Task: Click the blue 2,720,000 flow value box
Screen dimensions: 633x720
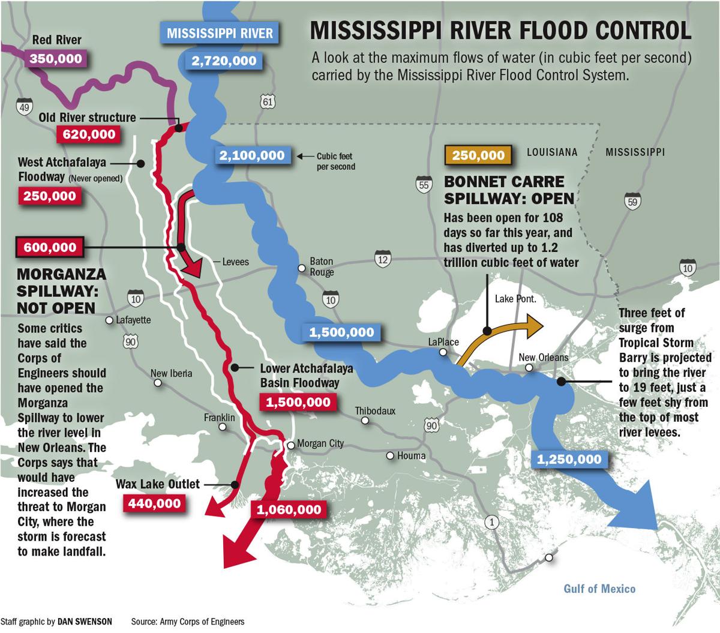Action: click(224, 61)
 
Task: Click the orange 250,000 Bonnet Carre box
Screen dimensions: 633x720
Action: click(478, 155)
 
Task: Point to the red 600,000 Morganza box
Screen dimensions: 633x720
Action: click(50, 247)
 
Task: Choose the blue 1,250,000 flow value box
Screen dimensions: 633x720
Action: click(569, 460)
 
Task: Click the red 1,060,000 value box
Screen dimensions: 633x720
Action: click(289, 510)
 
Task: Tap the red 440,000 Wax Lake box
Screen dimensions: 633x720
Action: click(154, 503)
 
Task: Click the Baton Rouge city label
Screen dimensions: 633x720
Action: click(322, 267)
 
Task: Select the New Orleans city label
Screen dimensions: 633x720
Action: click(543, 358)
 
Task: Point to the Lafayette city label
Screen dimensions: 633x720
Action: click(133, 320)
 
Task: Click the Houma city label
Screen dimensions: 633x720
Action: click(411, 456)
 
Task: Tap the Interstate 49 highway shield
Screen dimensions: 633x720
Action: click(25, 107)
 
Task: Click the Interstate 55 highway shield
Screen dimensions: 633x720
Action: click(424, 184)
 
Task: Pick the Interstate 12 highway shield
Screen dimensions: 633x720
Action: click(382, 259)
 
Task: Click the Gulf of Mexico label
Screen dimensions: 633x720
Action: click(599, 589)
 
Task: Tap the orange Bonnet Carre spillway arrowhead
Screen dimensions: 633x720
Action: click(534, 323)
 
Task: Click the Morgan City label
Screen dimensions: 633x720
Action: click(320, 443)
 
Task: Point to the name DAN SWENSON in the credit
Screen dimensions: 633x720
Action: click(84, 622)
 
